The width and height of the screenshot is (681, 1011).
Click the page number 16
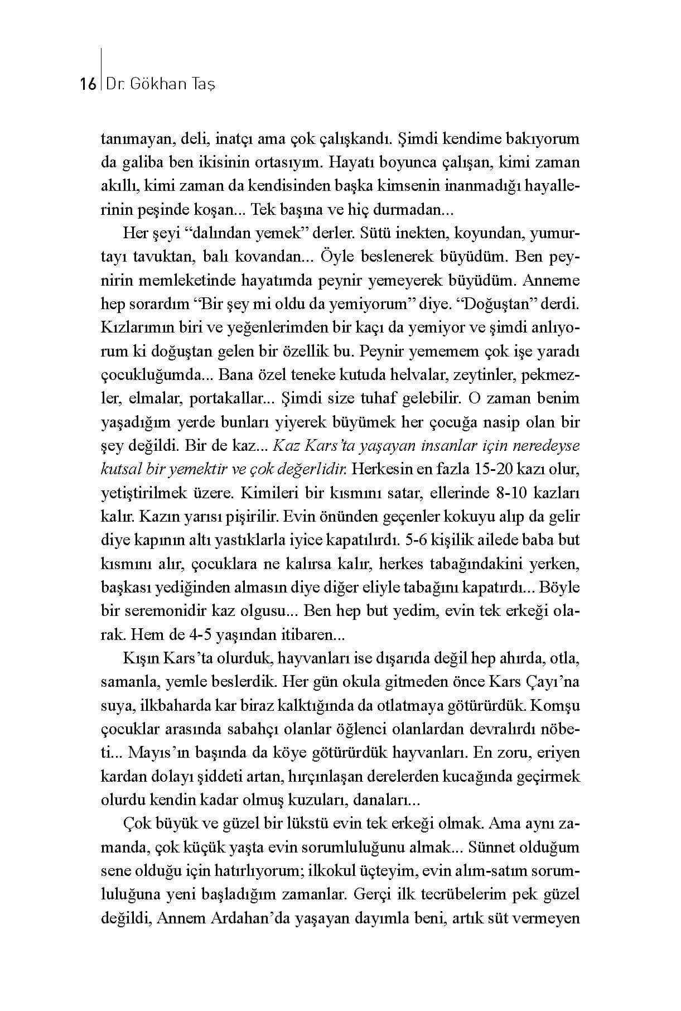(89, 84)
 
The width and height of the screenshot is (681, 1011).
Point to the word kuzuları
(321, 799)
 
